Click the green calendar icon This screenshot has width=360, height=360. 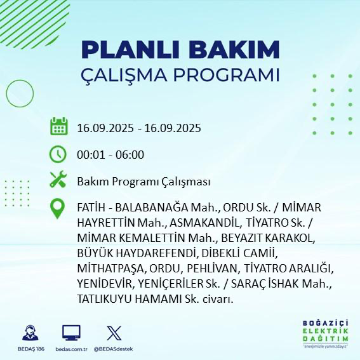[x=58, y=126]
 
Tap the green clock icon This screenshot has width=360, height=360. [x=58, y=154]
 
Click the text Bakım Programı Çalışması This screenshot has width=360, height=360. [x=143, y=182]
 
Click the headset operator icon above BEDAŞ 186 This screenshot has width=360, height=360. [x=29, y=333]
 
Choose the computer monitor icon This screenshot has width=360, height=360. [x=71, y=333]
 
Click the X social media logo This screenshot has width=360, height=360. [x=114, y=333]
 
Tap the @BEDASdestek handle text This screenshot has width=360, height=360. [x=114, y=349]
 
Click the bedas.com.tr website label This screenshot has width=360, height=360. [x=71, y=349]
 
